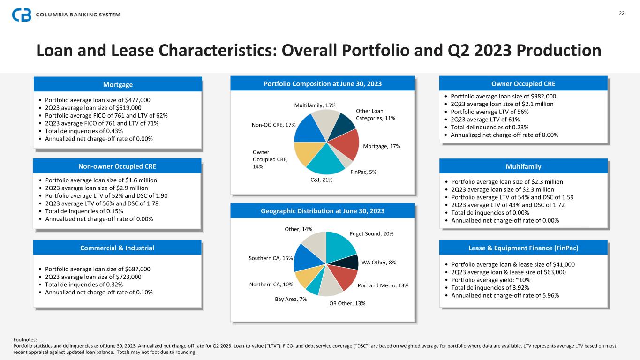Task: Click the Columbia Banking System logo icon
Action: coord(22,15)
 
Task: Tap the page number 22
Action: coord(621,13)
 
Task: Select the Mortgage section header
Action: coord(118,85)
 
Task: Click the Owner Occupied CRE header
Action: coord(523,84)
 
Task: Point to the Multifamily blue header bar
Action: coord(523,166)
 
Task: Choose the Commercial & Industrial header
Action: coord(118,248)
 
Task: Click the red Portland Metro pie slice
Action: coord(345,277)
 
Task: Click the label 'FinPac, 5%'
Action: coord(363,172)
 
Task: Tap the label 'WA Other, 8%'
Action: coord(379,262)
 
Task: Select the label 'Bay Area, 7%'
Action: coord(291,299)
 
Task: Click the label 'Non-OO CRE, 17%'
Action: coord(273,125)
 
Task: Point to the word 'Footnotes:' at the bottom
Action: coord(26,340)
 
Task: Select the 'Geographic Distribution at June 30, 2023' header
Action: coord(323,211)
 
